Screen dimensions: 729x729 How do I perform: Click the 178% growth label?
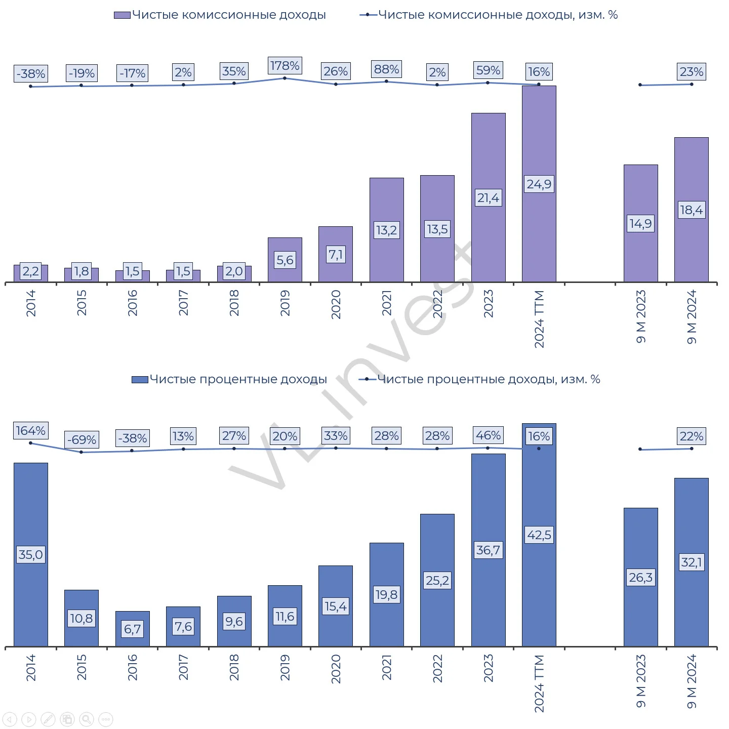click(285, 65)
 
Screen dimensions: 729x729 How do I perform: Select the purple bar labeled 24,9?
click(539, 184)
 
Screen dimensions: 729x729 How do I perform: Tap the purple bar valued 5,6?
click(285, 260)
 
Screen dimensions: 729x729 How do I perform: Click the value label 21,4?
click(488, 197)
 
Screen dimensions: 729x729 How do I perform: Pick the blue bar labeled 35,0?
click(31, 555)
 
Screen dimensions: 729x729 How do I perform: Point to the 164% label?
click(31, 430)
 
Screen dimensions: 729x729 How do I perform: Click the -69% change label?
click(82, 439)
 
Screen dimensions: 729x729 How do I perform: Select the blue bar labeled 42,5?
click(539, 535)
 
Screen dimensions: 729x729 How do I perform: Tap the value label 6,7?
click(133, 629)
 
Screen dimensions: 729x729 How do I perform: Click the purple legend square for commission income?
click(122, 15)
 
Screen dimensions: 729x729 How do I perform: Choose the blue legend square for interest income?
click(140, 380)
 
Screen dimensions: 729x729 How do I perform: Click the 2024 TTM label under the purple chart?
click(539, 319)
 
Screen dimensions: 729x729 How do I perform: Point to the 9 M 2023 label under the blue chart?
click(640, 680)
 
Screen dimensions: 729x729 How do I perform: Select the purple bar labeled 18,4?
click(691, 210)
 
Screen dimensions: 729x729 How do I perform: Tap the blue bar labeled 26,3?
click(640, 577)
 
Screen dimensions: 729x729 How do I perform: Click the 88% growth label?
click(386, 69)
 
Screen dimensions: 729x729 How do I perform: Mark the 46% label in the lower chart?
click(488, 435)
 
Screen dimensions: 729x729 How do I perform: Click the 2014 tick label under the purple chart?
click(31, 303)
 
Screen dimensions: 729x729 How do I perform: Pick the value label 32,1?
click(691, 562)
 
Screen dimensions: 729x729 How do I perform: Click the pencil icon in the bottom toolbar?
click(48, 719)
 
